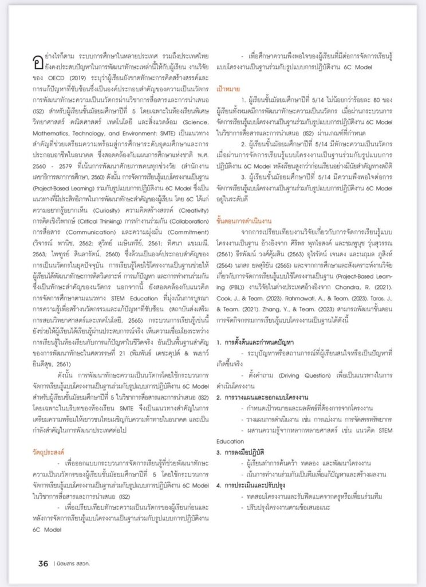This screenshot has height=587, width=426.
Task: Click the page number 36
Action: coord(43,563)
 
